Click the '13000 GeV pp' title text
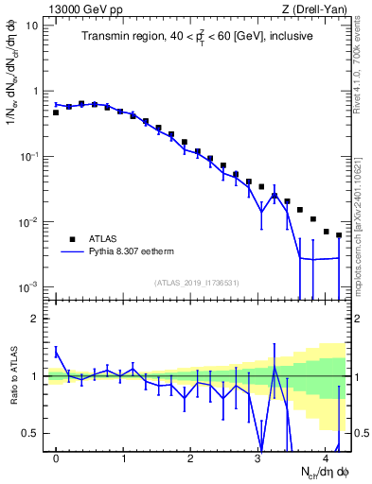pos(80,9)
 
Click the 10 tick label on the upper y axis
pos(32,26)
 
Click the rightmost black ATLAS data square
pos(339,235)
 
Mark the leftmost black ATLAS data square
pos(56,112)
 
